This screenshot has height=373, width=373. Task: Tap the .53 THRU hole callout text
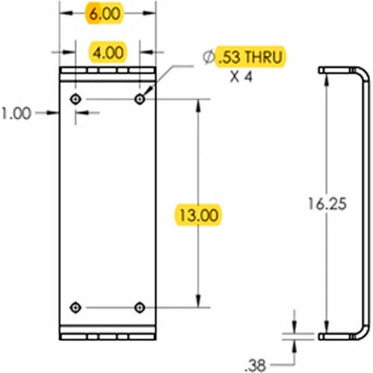click(251, 57)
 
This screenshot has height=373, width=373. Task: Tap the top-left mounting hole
click(75, 99)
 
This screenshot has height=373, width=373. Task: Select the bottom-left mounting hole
click(75, 307)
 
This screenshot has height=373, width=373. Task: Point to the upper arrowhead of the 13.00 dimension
click(198, 104)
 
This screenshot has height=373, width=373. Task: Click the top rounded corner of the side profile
click(363, 75)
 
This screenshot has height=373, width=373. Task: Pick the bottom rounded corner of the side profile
click(363, 331)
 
